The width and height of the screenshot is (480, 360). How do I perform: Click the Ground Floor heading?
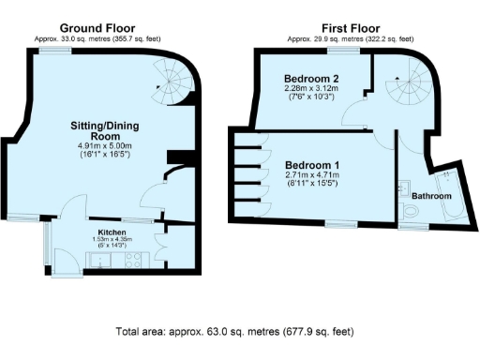97,28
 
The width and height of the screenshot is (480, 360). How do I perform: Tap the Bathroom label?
432,196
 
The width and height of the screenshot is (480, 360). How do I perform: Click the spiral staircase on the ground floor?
171,84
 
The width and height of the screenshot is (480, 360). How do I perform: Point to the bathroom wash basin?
404,184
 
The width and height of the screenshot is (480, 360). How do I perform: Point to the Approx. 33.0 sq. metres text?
97,39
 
